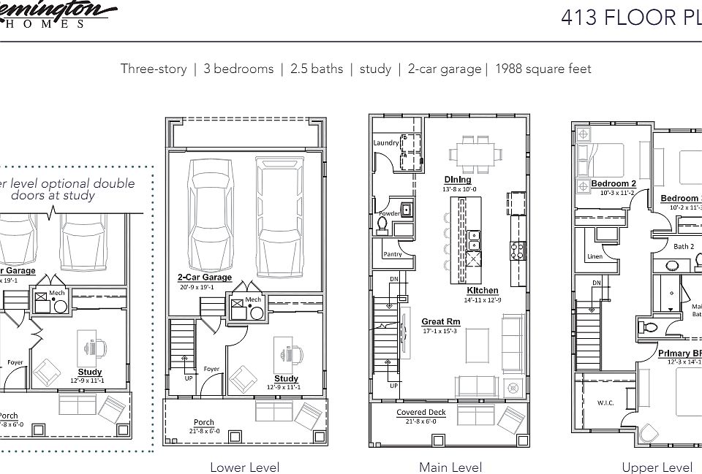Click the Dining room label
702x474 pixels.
[x=457, y=180]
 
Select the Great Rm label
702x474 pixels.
[x=441, y=321]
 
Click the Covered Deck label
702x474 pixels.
[x=421, y=413]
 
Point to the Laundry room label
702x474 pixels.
[x=385, y=142]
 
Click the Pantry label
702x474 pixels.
[x=393, y=254]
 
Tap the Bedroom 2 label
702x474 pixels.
[x=614, y=183]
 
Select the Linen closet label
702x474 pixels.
[x=595, y=256]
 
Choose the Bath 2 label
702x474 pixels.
[x=684, y=247]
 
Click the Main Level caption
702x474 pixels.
[x=450, y=467]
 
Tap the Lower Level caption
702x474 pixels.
[x=244, y=467]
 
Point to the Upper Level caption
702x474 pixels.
[x=657, y=467]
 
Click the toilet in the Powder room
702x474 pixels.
[x=382, y=222]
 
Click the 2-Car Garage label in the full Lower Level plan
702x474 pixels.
[x=205, y=278]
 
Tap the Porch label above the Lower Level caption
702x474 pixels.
[x=204, y=422]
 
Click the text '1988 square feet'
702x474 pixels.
[x=543, y=69]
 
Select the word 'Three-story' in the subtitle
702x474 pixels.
[x=154, y=69]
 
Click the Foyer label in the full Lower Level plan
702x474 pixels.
[x=211, y=369]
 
